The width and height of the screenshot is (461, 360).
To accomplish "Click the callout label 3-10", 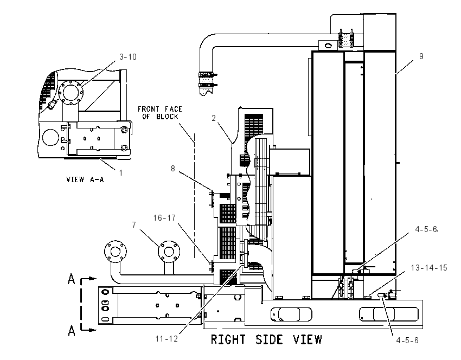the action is pyautogui.click(x=128, y=57).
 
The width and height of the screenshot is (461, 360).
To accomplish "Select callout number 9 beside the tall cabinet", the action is pyautogui.click(x=421, y=56).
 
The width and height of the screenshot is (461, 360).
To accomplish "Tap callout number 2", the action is pyautogui.click(x=214, y=118).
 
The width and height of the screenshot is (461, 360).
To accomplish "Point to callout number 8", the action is pyautogui.click(x=173, y=169).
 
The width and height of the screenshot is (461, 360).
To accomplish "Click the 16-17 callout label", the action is pyautogui.click(x=164, y=218).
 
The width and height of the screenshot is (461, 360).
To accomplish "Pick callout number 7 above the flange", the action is pyautogui.click(x=134, y=225).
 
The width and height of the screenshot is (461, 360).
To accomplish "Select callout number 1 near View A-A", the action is pyautogui.click(x=120, y=173).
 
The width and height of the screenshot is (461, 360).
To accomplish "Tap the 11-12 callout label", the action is pyautogui.click(x=167, y=339).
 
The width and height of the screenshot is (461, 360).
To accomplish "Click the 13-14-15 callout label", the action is pyautogui.click(x=429, y=268).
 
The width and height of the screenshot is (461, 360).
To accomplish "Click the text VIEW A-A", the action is pyautogui.click(x=85, y=179).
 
